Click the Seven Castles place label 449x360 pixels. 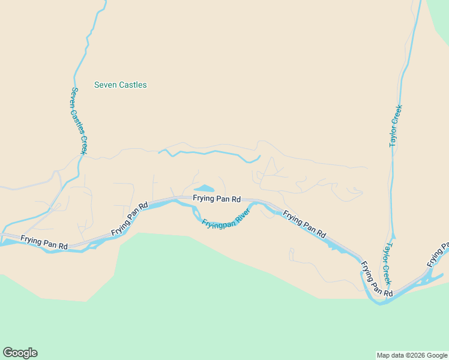[120, 85]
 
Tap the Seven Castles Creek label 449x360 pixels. [79, 120]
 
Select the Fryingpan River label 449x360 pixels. [225, 222]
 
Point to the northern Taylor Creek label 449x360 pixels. [395, 125]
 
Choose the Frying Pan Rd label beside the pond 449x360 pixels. [217, 199]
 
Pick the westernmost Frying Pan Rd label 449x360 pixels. [44, 242]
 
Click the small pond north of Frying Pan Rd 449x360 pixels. [203, 188]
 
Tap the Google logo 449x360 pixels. [20, 353]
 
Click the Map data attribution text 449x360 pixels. [412, 355]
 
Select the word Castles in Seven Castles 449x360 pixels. [133, 85]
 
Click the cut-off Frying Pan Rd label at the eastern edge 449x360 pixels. [438, 255]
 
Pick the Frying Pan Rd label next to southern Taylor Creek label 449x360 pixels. [376, 279]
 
